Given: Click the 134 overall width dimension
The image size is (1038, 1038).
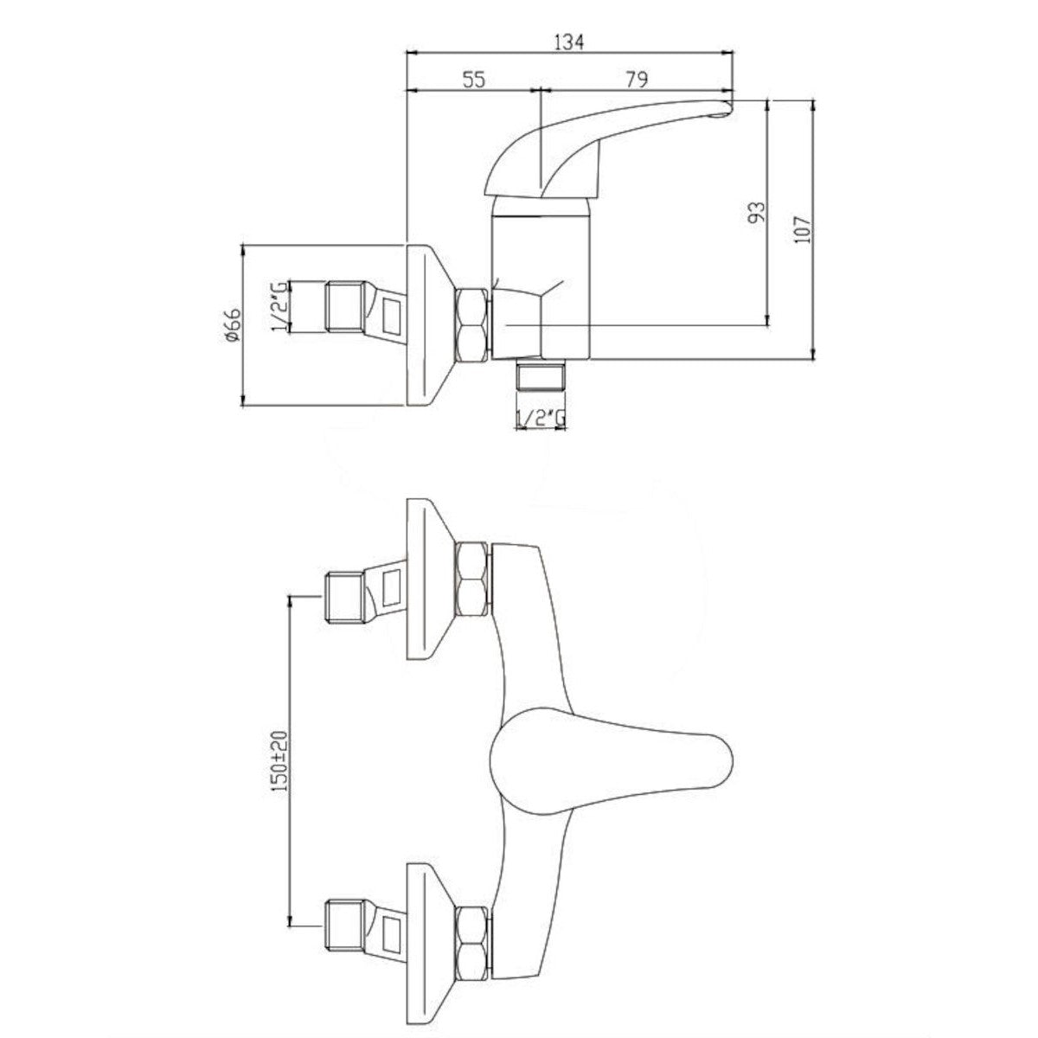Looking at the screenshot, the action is tap(569, 42).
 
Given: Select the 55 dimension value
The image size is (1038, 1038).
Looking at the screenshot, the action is tap(474, 80).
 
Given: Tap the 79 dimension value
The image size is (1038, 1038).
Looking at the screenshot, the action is tap(637, 80).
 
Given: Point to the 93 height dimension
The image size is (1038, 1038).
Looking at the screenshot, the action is tap(757, 212).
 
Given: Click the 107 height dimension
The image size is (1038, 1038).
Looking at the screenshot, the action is tap(802, 229).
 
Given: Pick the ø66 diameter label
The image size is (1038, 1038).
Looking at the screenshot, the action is tap(234, 325).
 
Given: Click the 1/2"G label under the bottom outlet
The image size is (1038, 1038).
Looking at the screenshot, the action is tap(541, 417).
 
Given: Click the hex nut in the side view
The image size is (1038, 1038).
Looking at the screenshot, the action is tap(473, 325).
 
